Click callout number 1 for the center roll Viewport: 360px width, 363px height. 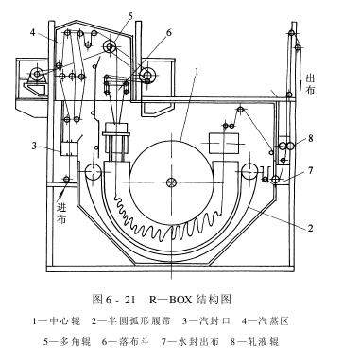pos(197,72)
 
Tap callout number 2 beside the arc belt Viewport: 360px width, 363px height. pos(310,228)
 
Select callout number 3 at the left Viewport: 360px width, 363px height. pos(34,146)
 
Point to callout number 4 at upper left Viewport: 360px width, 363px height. pos(33,32)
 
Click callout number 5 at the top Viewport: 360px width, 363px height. pos(130,15)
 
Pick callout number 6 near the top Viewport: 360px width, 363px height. pos(169,32)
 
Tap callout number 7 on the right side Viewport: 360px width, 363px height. pos(311,170)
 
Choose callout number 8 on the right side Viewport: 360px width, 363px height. pos(311,138)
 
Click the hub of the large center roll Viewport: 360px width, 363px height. pos(172,181)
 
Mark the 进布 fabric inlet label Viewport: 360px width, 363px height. pos(61,213)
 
